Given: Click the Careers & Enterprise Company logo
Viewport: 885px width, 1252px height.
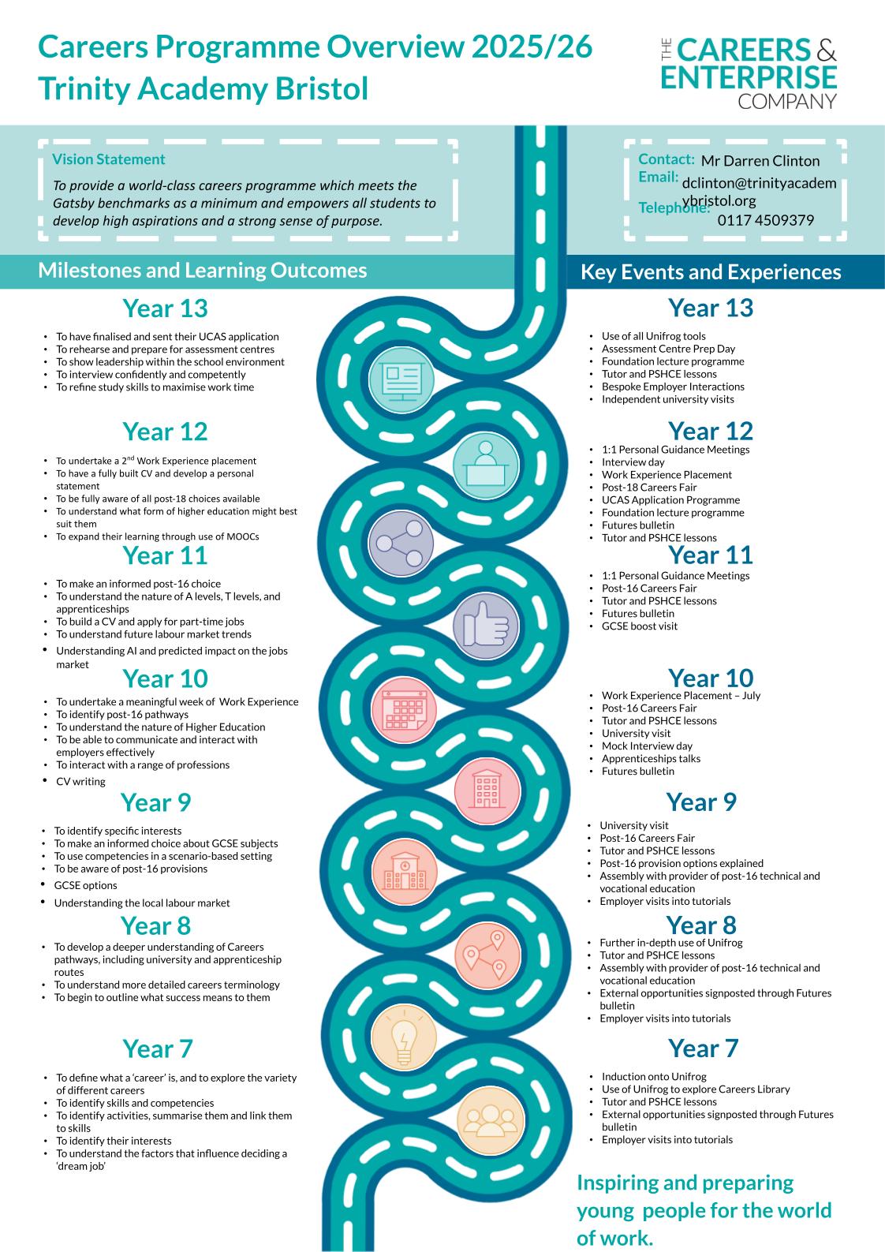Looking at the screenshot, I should pyautogui.click(x=748, y=72).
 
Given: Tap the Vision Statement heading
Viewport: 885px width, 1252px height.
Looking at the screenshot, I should pyautogui.click(x=108, y=159).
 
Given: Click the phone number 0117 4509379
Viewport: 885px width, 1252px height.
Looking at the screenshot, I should pyautogui.click(x=765, y=220).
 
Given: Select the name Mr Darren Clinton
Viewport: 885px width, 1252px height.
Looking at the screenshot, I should pyautogui.click(x=760, y=161).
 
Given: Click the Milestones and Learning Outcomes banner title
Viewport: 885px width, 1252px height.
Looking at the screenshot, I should pyautogui.click(x=202, y=271).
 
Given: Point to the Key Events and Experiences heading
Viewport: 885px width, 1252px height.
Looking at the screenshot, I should pyautogui.click(x=710, y=272).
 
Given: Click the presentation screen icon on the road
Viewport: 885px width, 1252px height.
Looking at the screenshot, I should pyautogui.click(x=401, y=379).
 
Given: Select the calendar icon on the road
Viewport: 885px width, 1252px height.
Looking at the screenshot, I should pyautogui.click(x=402, y=708).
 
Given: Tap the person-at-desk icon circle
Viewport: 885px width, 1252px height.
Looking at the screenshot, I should pyautogui.click(x=485, y=463).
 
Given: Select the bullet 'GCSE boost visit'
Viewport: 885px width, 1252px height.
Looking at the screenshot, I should pyautogui.click(x=639, y=626).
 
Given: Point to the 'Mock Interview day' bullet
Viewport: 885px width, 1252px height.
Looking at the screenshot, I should pyautogui.click(x=646, y=746).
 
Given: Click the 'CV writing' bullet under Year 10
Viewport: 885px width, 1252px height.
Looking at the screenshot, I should pyautogui.click(x=80, y=782).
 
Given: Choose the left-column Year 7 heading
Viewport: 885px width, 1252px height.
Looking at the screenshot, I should pyautogui.click(x=157, y=1049).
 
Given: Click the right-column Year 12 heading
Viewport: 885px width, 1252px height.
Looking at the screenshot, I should pyautogui.click(x=710, y=432).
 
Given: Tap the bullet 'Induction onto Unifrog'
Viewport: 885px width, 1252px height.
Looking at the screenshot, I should pyautogui.click(x=653, y=1077).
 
